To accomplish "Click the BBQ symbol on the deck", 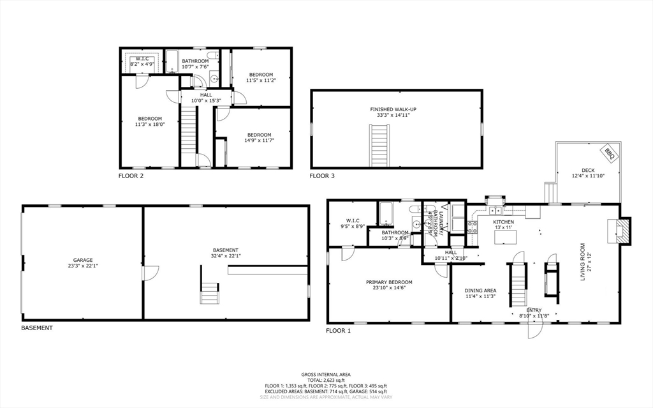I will tap(609, 153).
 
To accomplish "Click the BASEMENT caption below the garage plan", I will tap(37, 328).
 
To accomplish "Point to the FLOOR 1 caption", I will tap(338, 331).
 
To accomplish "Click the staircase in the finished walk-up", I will tap(379, 146).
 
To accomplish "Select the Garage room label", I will tap(83, 260).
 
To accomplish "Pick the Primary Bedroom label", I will tap(389, 282).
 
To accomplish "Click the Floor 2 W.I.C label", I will tap(143, 59).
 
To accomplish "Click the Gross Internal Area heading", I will tap(326, 375).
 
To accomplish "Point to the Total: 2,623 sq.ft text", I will tap(326, 381).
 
